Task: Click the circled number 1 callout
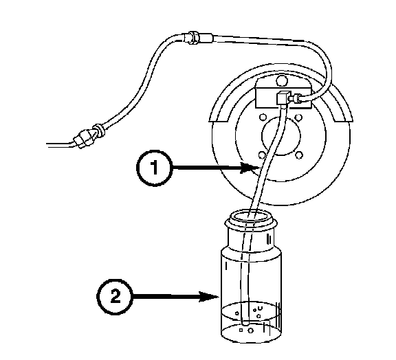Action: pos(155,168)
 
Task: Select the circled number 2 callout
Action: pos(115,296)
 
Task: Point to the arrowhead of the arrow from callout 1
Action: pos(250,168)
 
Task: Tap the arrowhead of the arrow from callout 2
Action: pos(209,296)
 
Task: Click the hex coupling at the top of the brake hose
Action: pos(194,38)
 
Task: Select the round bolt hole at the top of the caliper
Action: pos(282,81)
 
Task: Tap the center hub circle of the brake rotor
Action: pos(281,135)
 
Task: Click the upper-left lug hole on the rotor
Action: pos(263,117)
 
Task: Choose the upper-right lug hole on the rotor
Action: pos(299,117)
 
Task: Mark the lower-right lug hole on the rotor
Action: pos(299,155)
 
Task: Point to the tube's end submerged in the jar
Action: pos(245,322)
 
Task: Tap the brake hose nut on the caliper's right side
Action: pos(296,98)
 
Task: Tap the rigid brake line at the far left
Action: pos(60,145)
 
